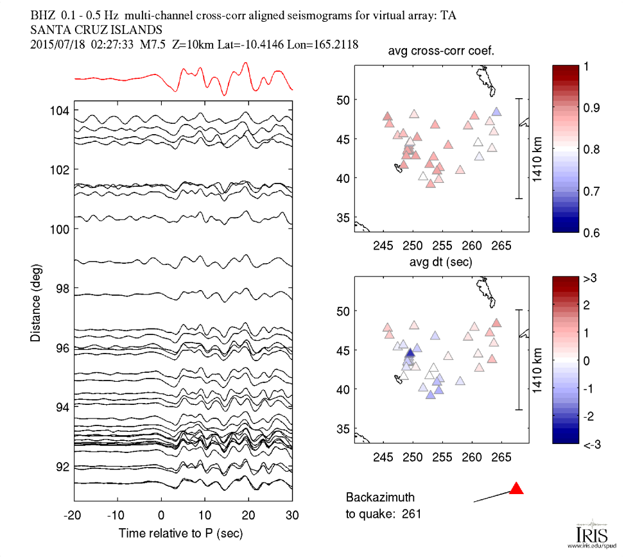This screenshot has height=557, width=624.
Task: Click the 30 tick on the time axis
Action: (292, 515)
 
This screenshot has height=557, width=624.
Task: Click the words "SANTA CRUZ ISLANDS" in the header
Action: (96, 30)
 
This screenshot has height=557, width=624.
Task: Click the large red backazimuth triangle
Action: (516, 489)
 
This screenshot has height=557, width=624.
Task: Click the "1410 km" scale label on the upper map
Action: (537, 148)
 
